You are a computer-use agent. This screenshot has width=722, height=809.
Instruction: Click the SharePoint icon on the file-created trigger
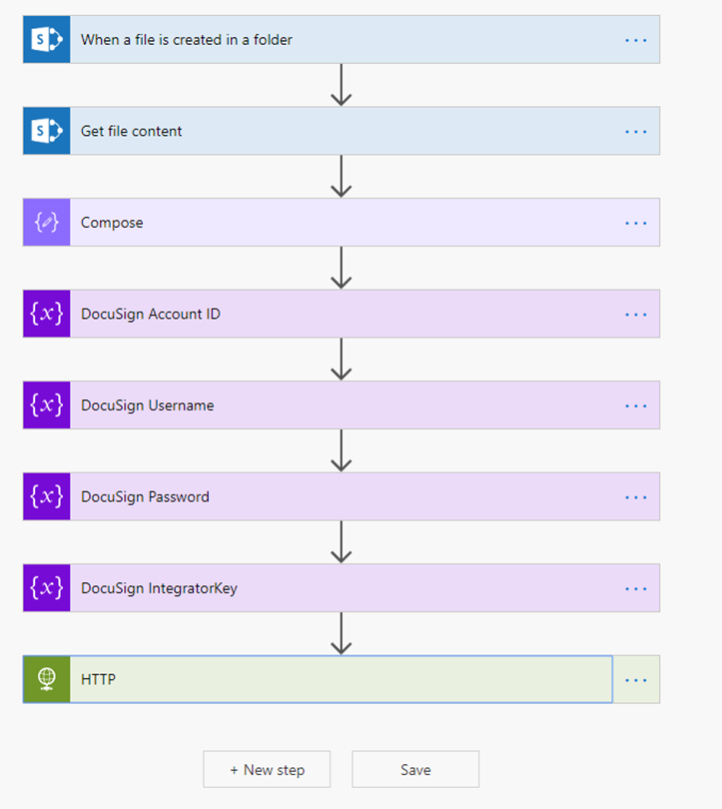pos(47,40)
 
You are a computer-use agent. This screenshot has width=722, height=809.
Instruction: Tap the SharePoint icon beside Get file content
pos(47,131)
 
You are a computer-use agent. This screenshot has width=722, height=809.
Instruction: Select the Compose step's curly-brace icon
pos(47,223)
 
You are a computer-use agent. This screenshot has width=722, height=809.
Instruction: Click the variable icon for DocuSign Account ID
pos(47,314)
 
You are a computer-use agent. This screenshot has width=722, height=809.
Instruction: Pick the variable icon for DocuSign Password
pos(47,496)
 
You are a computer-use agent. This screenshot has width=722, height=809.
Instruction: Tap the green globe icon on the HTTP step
pos(47,679)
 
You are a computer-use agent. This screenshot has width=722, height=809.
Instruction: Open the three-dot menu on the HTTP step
pos(636,680)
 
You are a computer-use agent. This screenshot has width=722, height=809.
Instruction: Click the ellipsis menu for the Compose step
pos(636,223)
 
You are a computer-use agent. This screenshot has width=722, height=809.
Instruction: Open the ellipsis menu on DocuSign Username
pos(636,405)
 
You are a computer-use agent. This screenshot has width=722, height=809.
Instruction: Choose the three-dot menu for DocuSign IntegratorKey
pos(636,588)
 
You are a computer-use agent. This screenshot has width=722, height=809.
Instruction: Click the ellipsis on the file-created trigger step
pos(636,40)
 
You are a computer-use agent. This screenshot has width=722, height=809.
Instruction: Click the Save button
pos(415,769)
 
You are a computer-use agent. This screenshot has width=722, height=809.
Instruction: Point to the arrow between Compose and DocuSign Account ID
pos(342,268)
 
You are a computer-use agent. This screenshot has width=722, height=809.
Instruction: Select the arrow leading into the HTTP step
pos(342,633)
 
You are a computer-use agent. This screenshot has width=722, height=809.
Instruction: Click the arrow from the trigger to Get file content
pos(342,85)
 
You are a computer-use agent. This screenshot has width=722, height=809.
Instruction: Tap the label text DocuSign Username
pos(147,405)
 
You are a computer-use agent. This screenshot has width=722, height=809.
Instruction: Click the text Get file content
pos(131,131)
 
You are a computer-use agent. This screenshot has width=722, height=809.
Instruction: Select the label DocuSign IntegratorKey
pos(159,588)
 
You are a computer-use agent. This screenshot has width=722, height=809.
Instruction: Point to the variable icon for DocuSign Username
pos(47,405)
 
